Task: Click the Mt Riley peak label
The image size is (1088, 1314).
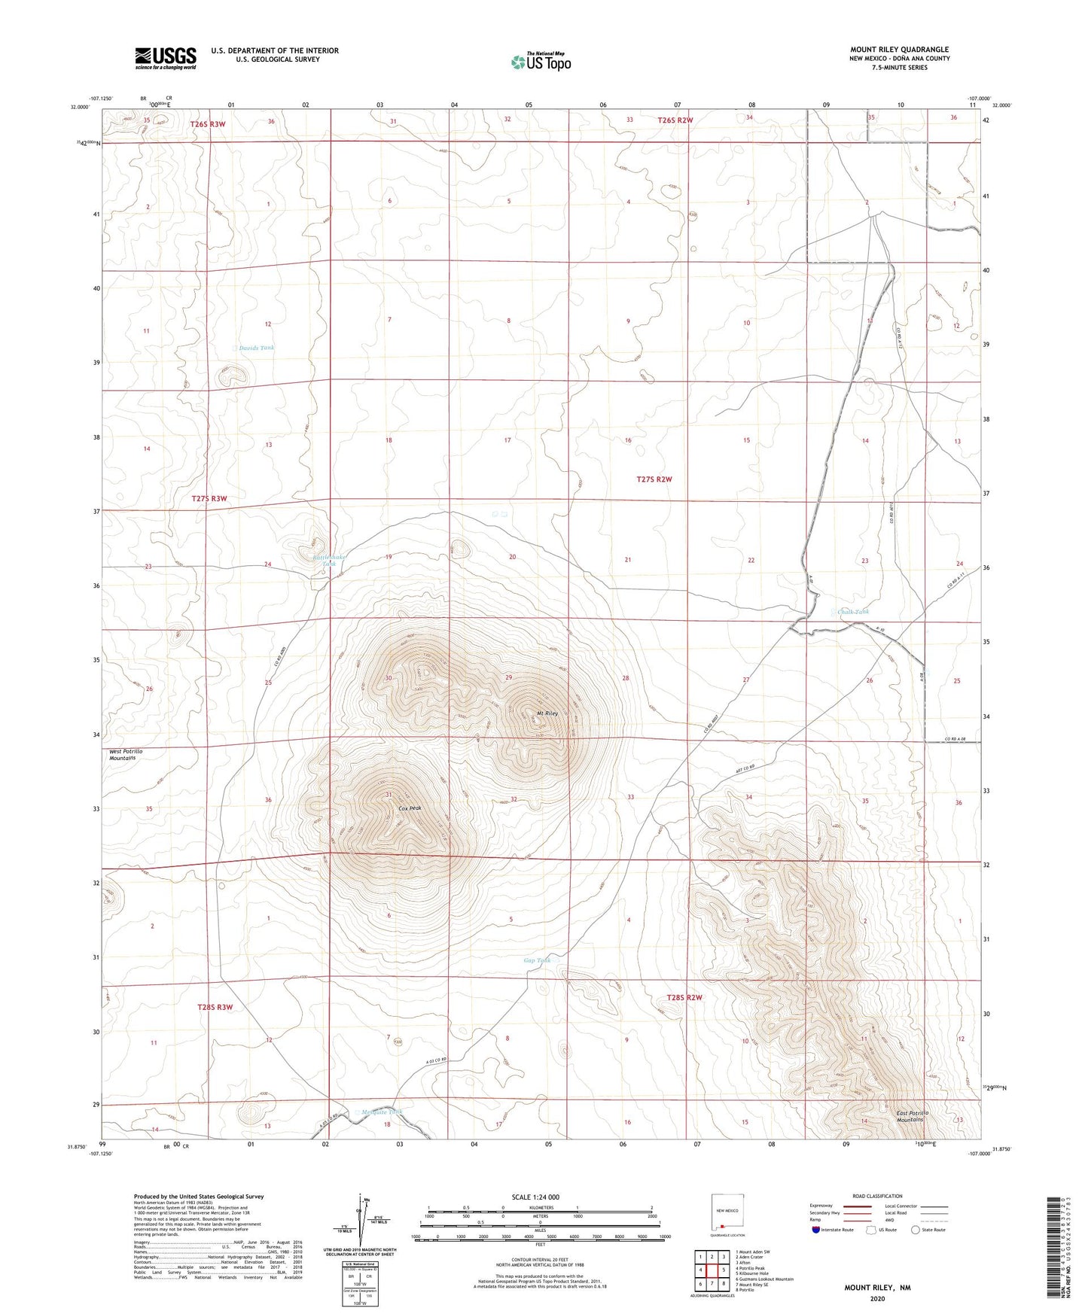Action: pos(546,713)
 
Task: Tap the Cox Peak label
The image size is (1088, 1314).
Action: pos(410,808)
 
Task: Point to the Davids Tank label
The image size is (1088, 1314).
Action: pos(257,348)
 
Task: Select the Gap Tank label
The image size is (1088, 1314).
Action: pos(537,960)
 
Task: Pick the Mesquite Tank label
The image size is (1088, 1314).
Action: pos(382,1112)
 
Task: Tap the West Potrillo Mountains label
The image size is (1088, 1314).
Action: pos(126,755)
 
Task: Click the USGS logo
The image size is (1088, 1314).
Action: pos(166,58)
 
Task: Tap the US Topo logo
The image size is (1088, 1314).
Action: pos(540,62)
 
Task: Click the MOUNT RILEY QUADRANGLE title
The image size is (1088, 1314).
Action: pos(899,50)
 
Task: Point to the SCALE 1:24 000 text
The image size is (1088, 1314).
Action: pos(535,1197)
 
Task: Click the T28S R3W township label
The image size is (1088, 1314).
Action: pos(215,1007)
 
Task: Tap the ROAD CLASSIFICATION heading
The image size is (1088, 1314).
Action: pos(877,1196)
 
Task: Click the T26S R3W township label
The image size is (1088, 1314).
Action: pos(208,123)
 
